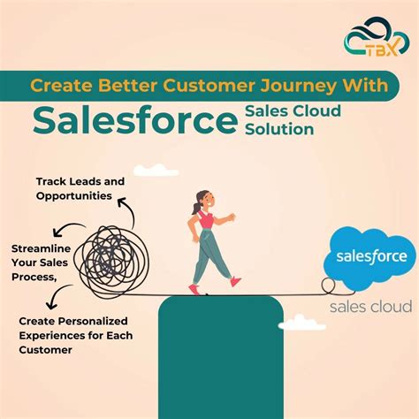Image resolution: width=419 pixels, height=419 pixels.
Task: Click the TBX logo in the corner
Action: coord(370,44)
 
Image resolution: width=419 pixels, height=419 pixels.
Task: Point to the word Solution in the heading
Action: coord(278,129)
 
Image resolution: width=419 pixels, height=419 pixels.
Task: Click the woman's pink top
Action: coord(206,219)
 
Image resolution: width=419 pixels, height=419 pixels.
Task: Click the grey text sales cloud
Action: coord(370,307)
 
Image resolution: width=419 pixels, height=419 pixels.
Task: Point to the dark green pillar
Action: coord(221,354)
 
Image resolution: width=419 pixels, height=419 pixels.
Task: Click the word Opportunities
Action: coord(76,194)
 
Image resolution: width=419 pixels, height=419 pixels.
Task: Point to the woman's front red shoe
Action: coord(235,281)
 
